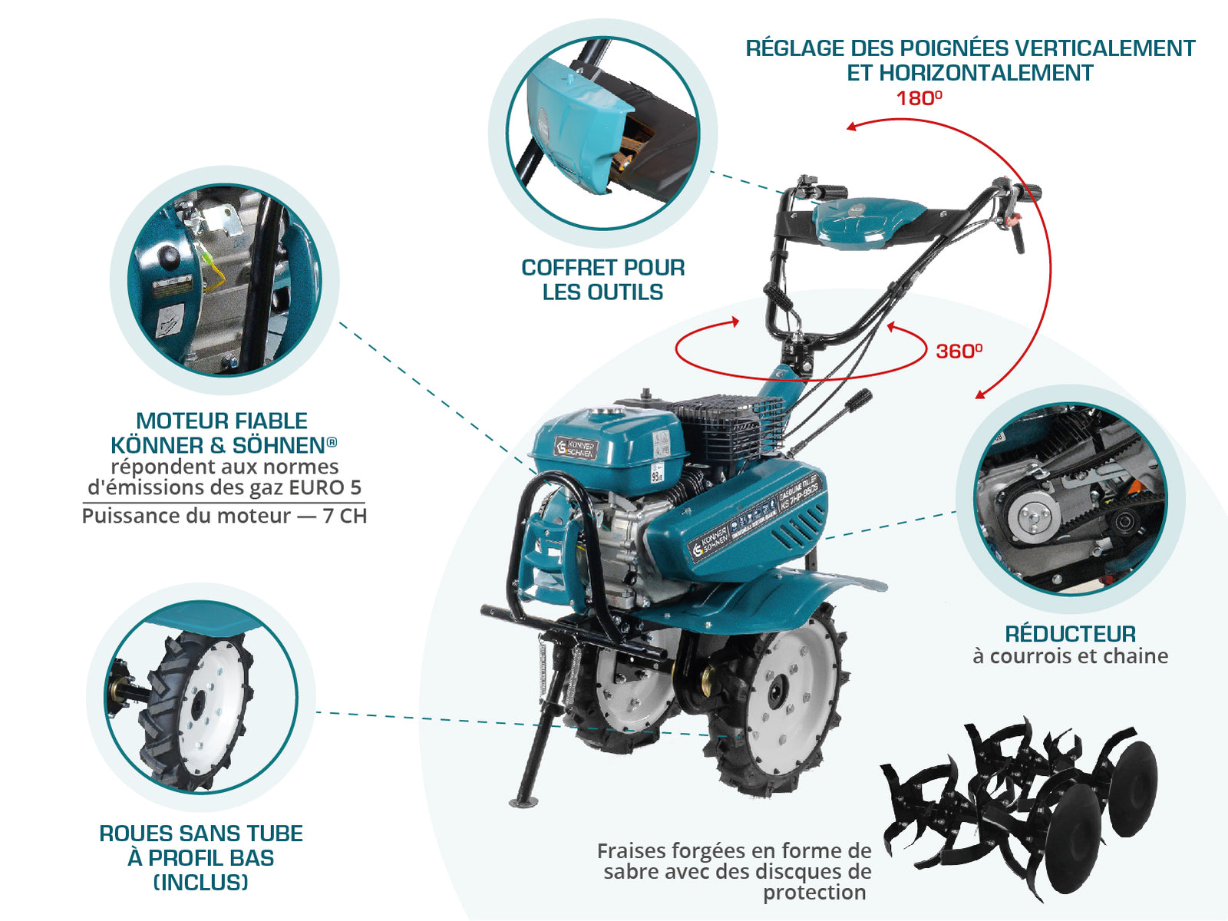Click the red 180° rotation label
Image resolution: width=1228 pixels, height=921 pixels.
coord(919,98)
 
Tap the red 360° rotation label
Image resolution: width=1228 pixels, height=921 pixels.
coord(959,352)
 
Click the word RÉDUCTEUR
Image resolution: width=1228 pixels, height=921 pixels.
coord(1070,634)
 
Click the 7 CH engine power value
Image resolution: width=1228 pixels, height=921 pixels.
coord(345,516)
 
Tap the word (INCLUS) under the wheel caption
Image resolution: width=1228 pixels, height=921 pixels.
coord(201,883)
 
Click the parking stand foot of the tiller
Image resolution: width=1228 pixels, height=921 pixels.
coord(523,803)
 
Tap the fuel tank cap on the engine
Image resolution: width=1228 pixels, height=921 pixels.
coord(602,412)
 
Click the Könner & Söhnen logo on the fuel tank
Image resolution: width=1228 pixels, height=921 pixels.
coord(576,448)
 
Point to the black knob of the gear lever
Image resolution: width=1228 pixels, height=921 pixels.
coord(862,398)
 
